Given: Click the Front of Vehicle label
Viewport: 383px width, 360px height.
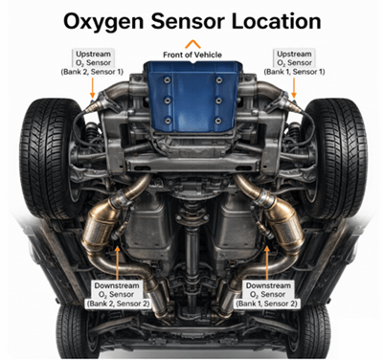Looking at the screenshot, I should coord(192,54).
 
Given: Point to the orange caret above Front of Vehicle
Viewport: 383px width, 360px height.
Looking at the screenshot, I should coord(192,43).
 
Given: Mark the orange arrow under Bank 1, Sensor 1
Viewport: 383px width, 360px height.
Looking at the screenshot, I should coord(292,88).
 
